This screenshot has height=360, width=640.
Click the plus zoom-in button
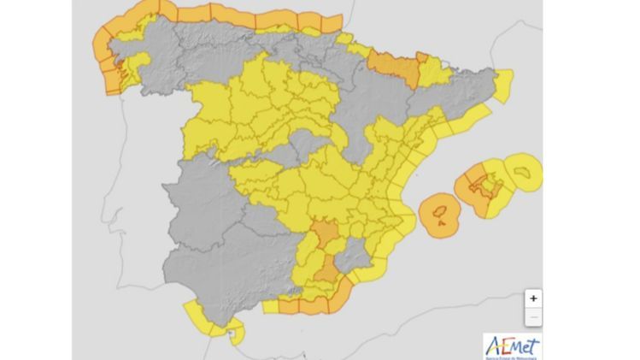point(533,299)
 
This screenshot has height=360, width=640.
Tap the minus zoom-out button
point(533,318)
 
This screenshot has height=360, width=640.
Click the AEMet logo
point(512,345)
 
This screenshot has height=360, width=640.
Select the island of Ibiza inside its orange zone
point(442,209)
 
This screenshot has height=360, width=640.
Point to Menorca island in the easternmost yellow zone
point(523,171)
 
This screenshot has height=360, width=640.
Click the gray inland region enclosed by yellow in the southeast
point(350,252)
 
